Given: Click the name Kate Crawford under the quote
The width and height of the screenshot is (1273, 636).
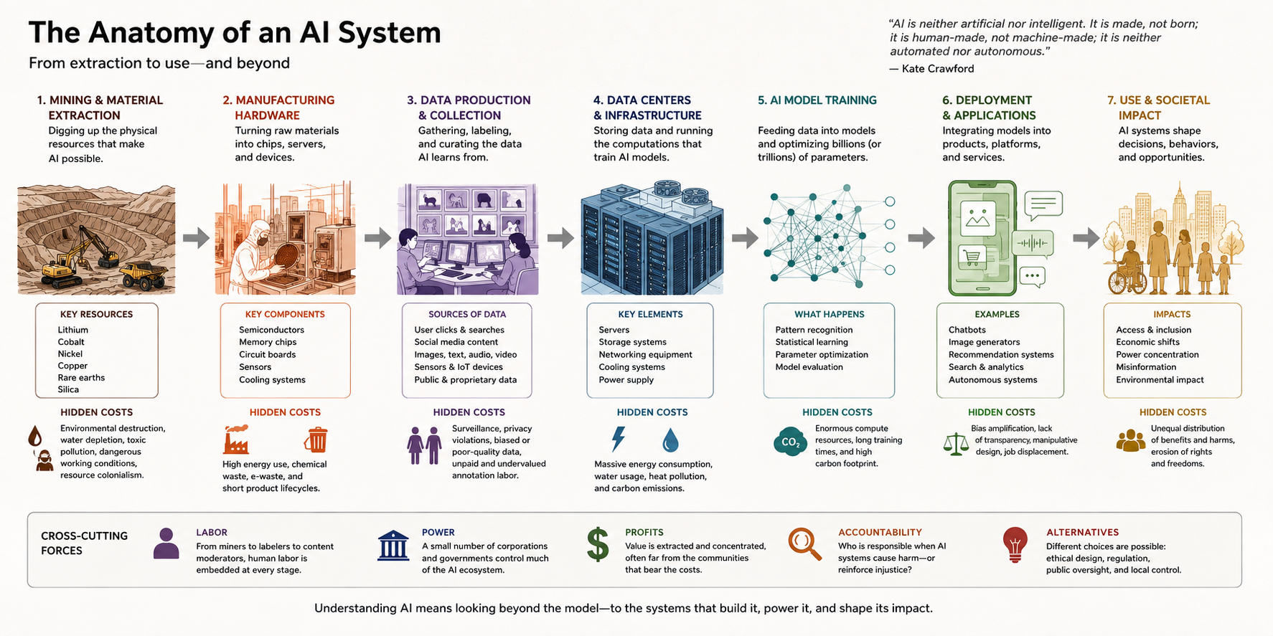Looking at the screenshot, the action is pos(938,69).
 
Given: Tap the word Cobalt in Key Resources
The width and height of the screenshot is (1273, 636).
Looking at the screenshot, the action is pos(71,342).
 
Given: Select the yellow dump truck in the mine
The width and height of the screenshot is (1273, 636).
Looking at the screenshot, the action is pos(144,275).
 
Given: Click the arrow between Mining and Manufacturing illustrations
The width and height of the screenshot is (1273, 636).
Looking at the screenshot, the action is pos(196,238).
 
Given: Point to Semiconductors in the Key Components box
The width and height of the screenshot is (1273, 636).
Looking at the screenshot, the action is pos(271,330).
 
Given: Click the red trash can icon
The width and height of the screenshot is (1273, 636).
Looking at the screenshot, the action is pos(316,440).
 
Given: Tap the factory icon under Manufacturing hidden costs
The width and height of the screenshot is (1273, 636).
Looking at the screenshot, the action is pos(236,440).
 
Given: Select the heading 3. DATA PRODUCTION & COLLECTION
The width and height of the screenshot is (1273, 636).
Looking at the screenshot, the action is pos(469,108).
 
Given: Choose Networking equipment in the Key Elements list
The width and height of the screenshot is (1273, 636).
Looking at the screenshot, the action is pos(645,354).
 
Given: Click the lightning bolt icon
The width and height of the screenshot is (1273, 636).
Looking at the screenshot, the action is pos(619,439).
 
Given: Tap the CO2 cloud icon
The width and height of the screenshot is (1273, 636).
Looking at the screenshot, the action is pos(790,442).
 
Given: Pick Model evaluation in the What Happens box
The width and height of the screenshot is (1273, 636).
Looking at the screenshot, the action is pos(809,367).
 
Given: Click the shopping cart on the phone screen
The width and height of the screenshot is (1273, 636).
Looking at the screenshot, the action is pos(972,256).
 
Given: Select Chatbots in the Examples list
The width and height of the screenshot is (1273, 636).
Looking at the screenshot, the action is pos(967,330).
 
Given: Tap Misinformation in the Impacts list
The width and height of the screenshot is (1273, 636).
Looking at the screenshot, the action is pos(1146,367).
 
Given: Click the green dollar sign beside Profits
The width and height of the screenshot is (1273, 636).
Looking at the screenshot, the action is pos(598,544).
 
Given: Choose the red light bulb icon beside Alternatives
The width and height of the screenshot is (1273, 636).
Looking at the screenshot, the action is pos(1015,544).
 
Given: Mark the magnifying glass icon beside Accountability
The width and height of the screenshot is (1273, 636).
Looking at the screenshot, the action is pos(804,544).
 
